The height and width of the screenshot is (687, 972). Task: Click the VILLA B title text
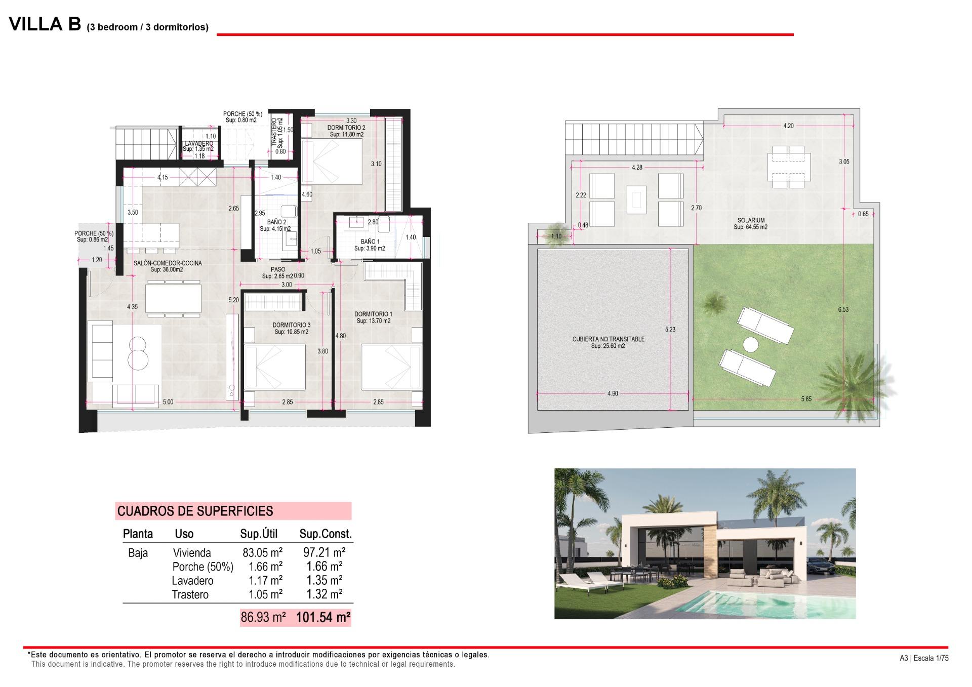[x=45, y=24]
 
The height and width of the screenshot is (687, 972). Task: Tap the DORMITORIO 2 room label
[x=346, y=128]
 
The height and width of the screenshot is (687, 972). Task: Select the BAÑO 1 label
[x=370, y=242]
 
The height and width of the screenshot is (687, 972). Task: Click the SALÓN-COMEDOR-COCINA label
[x=168, y=263]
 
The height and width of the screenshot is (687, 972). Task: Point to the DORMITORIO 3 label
[x=291, y=325]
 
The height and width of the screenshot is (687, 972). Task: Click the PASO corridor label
[x=278, y=270]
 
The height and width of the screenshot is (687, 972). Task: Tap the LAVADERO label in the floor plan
[x=198, y=144]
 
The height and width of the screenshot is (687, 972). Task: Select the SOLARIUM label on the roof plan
[x=751, y=221]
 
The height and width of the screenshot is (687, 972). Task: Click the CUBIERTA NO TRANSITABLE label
[x=608, y=339]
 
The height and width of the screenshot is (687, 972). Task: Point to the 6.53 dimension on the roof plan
[x=843, y=310]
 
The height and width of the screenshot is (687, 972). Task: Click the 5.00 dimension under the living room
[x=168, y=402]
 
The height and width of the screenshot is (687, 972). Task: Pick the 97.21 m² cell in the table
[x=324, y=552]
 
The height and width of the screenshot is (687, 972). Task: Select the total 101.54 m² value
[x=323, y=618]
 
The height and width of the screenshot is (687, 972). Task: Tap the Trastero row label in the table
[x=190, y=595]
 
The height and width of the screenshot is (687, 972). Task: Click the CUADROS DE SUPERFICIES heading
[x=195, y=511]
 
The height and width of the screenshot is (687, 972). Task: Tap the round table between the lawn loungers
[x=750, y=345]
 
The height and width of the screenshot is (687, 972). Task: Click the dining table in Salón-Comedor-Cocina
[x=173, y=298]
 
